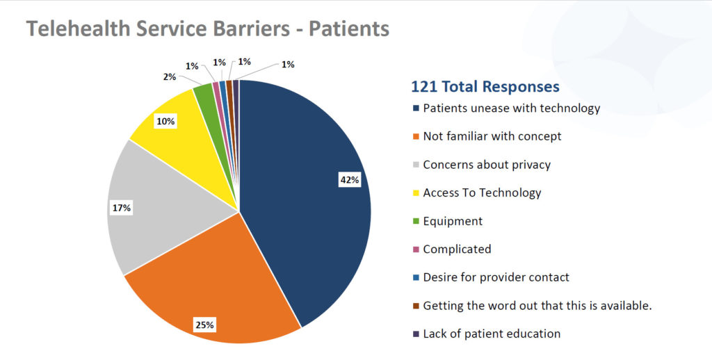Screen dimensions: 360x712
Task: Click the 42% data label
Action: (350, 180)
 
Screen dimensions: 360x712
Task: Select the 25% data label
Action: (204, 325)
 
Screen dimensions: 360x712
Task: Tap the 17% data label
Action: (122, 208)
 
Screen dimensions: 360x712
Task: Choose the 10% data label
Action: (166, 121)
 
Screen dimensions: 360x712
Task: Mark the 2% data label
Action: (170, 77)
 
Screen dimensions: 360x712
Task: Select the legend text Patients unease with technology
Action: (511, 108)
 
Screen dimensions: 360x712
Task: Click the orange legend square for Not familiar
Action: (416, 137)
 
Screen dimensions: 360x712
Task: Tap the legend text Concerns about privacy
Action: (487, 165)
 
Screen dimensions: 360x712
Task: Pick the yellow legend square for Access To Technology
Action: (416, 193)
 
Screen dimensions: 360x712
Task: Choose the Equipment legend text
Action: (453, 221)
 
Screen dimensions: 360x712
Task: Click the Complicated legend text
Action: (457, 249)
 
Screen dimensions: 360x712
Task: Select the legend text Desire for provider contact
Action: (496, 277)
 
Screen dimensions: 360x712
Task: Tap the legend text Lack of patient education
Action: (492, 334)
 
